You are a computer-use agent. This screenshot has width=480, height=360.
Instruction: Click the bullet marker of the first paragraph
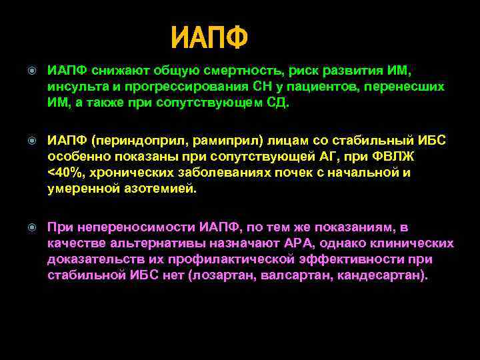[32, 71]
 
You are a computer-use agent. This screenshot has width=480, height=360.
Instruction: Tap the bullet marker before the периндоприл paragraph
[32, 141]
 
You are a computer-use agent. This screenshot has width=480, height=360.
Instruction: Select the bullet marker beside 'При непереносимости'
[32, 229]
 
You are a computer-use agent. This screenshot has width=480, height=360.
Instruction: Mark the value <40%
[64, 173]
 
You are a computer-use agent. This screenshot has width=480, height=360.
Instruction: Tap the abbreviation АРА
[304, 244]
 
